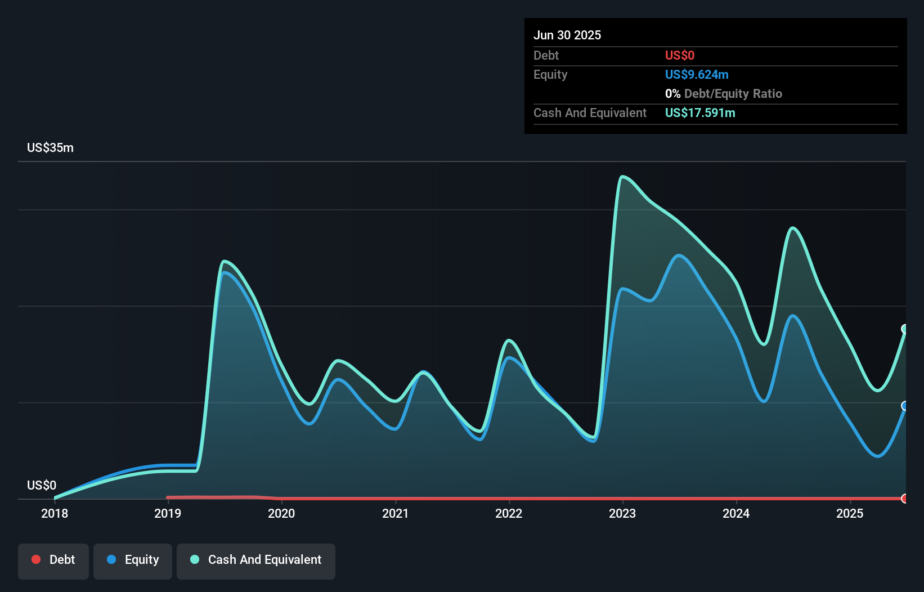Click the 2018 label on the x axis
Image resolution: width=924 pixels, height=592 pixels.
coord(55,513)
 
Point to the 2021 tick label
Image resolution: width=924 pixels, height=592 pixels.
coord(395,513)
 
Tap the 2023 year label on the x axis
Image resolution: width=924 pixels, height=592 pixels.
coord(622,513)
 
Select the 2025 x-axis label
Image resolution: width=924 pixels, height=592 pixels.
coord(849,513)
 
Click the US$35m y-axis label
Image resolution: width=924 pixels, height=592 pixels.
coord(50,148)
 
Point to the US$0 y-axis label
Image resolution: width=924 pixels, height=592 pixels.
coord(42,485)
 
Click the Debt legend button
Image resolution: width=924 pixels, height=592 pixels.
coord(53,560)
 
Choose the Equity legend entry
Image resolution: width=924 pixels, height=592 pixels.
coord(133,560)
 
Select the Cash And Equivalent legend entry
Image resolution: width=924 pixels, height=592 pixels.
coord(256,560)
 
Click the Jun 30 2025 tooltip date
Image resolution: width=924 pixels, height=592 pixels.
coord(567,35)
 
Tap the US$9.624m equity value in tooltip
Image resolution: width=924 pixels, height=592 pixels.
coord(697,74)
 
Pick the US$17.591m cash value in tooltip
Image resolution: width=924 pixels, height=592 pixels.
coord(700,113)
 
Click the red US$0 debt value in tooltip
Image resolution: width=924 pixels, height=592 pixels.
coord(679,55)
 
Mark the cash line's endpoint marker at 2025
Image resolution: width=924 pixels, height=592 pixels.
coord(905,329)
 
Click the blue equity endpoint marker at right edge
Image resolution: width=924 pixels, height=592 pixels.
coord(905,406)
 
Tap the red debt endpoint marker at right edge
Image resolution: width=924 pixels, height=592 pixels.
coord(905,499)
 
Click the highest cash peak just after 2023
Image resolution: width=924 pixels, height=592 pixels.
coord(622,177)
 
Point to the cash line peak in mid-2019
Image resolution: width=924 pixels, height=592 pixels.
coord(224,261)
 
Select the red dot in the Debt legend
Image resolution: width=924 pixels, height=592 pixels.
coord(36,559)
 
